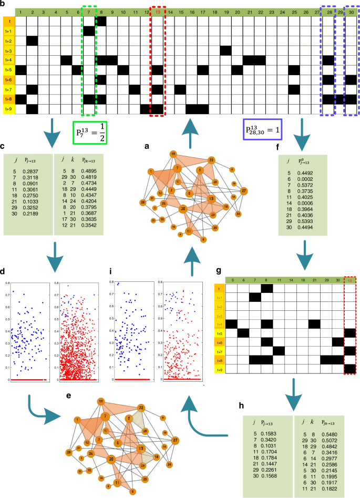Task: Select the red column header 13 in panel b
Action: pos(157,12)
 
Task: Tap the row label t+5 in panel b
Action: pos(8,69)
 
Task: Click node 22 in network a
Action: pos(211,159)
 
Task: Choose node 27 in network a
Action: pos(243,190)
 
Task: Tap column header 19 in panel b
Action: pos(225,12)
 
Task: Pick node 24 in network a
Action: pos(239,214)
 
